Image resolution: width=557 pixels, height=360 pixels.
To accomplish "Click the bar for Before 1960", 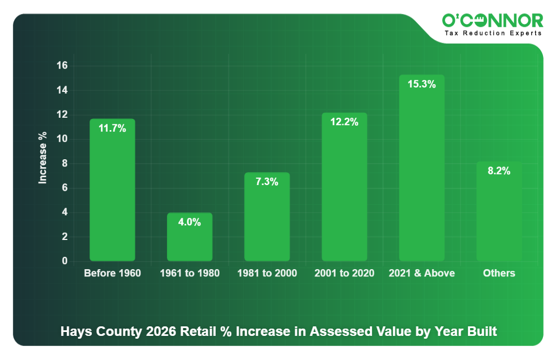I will tap(112, 191).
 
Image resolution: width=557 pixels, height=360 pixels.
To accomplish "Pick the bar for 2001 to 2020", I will tap(344, 187).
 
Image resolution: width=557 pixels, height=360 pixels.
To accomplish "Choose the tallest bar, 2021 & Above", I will tap(421, 168).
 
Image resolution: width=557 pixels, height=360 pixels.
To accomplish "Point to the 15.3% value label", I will tap(421, 84).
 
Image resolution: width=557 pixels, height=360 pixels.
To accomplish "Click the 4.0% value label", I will tap(189, 222).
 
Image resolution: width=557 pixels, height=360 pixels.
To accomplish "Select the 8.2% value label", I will tap(499, 171).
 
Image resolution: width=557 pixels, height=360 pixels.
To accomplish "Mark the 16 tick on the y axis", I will tap(62, 66).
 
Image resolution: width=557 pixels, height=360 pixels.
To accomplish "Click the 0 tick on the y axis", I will tap(64, 261).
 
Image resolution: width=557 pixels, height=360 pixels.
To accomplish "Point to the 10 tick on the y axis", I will tap(62, 139).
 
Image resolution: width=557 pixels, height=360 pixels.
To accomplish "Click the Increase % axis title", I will tap(43, 158).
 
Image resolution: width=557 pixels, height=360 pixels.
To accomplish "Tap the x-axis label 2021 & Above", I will tap(421, 273).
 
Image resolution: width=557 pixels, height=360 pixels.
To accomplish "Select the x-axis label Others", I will tap(499, 273).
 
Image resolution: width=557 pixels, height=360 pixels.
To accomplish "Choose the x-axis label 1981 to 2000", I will tap(267, 273).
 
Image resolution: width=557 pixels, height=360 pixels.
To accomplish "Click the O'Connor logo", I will tap(493, 21).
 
